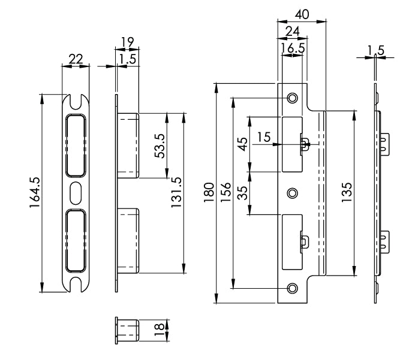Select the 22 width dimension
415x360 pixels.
point(76,59)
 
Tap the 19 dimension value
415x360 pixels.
point(127,41)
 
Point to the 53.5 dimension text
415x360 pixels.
point(160,146)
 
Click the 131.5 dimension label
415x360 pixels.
point(176,192)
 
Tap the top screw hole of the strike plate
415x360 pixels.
point(292,98)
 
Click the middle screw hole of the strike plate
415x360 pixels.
point(292,193)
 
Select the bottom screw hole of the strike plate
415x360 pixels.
point(292,288)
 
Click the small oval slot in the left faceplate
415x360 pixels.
point(76,193)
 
